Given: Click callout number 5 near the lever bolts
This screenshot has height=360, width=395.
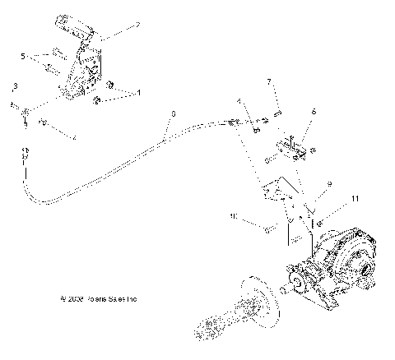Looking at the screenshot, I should (x=23, y=56).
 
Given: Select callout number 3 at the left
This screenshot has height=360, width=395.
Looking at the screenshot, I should (x=15, y=86).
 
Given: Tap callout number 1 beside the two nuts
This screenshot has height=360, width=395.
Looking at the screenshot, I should (x=137, y=94).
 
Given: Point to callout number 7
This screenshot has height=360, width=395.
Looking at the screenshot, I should (x=268, y=81).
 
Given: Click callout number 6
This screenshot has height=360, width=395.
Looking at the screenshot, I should (x=313, y=111).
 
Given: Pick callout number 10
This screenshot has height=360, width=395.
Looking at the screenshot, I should (x=235, y=217).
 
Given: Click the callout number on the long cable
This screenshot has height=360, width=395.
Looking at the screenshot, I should (x=173, y=114).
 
